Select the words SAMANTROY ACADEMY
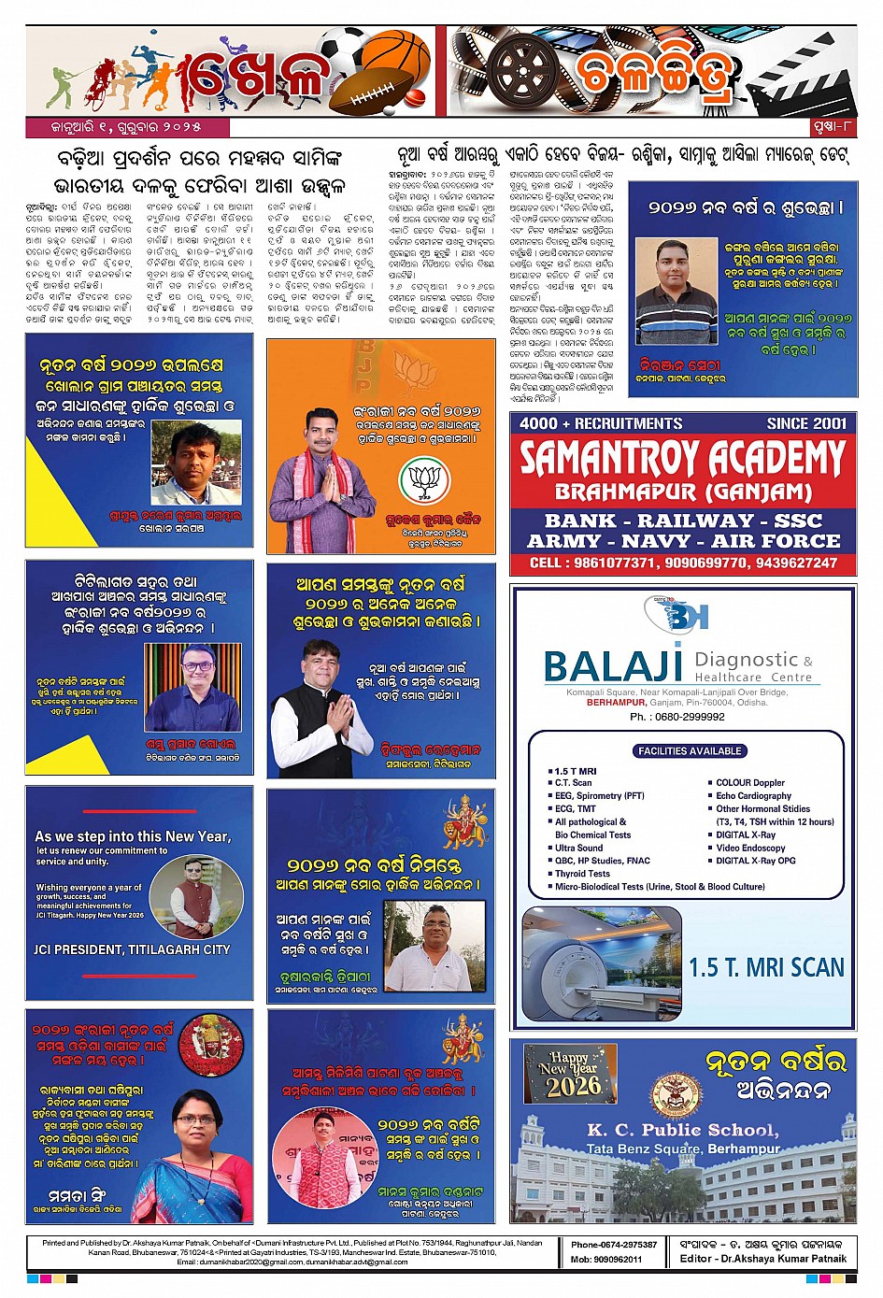(x=682, y=459)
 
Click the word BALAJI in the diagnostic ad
(x=613, y=665)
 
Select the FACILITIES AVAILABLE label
(x=690, y=750)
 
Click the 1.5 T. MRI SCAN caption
(x=766, y=967)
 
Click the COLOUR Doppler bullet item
(x=750, y=782)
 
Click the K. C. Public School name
(x=682, y=1130)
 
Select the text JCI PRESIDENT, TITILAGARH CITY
(x=132, y=949)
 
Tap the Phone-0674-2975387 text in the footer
(x=614, y=1245)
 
